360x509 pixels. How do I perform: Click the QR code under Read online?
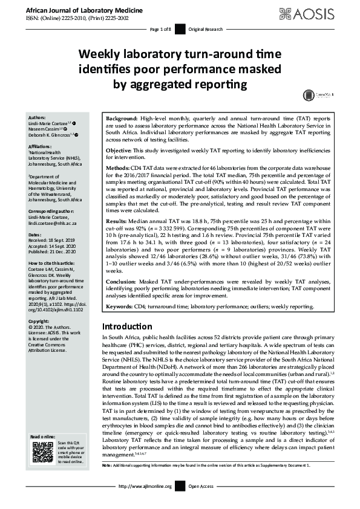(x=42, y=452)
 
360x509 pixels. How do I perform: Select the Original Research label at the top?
(x=206, y=29)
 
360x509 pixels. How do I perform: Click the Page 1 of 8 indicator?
(x=160, y=29)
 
